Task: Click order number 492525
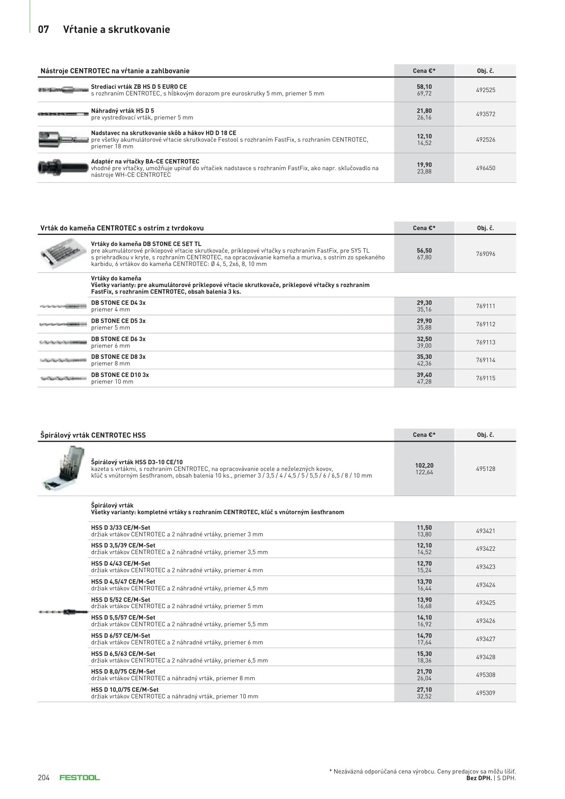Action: (x=485, y=90)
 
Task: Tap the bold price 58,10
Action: (x=424, y=87)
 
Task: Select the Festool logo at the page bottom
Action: (x=80, y=778)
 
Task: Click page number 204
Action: (x=44, y=778)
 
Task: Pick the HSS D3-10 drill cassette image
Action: (x=61, y=468)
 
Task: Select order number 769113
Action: (x=485, y=342)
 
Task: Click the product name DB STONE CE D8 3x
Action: (x=118, y=357)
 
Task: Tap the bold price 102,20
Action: (x=424, y=465)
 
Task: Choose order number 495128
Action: (x=485, y=469)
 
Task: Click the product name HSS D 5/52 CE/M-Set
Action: (x=120, y=600)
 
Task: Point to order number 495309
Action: (x=485, y=693)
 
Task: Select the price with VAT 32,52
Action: (x=424, y=696)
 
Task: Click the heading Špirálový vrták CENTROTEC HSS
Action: (x=93, y=435)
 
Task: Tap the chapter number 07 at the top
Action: (x=43, y=30)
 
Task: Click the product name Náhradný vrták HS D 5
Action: (x=122, y=111)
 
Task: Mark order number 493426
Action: (x=485, y=621)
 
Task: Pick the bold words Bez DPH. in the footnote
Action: (x=479, y=778)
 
